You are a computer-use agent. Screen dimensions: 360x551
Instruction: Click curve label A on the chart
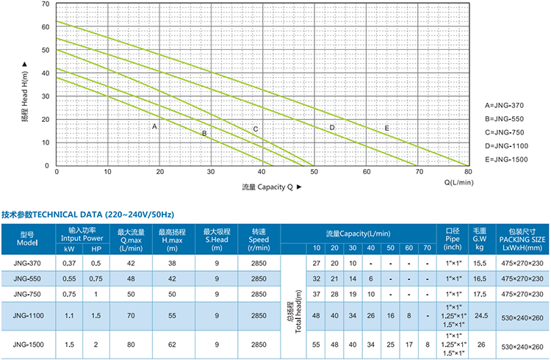click(154, 126)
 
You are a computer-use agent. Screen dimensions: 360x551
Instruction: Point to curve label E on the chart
click(386, 129)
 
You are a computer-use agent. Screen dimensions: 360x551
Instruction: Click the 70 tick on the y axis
click(46, 4)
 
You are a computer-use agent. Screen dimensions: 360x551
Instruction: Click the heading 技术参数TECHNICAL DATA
click(87, 215)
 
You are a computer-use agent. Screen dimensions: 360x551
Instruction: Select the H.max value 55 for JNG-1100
click(174, 314)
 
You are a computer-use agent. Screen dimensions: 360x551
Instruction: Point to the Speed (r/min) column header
click(259, 240)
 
